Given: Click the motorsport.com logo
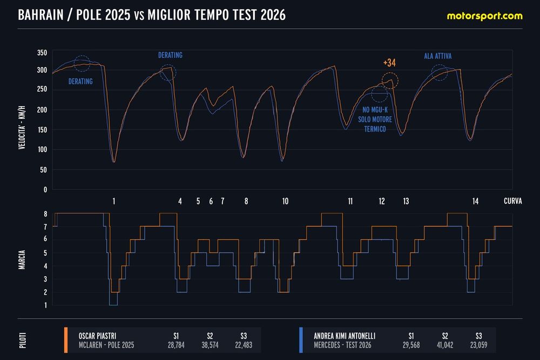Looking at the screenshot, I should click(484, 16).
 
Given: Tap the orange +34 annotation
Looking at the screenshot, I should click(390, 63).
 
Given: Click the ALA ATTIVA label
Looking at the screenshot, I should click(438, 55).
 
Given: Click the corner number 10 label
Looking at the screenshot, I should click(285, 201).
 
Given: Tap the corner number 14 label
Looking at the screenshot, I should click(475, 201).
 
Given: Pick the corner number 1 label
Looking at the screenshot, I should click(114, 201).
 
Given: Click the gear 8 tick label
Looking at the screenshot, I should click(46, 214).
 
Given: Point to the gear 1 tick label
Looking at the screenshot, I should click(46, 305).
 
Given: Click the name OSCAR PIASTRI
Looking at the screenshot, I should click(98, 335).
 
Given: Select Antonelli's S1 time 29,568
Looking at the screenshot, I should click(412, 345).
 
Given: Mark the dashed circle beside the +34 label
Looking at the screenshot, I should click(390, 81).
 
